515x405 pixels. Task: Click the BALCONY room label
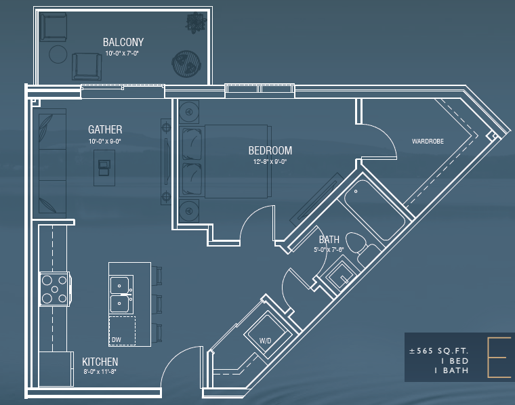pyautogui.click(x=123, y=42)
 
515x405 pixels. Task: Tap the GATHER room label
pyautogui.click(x=105, y=129)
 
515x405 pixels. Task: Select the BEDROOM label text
pyautogui.click(x=270, y=150)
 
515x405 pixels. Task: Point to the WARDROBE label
pyautogui.click(x=428, y=141)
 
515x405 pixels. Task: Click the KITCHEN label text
pyautogui.click(x=100, y=362)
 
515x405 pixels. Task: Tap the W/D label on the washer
pyautogui.click(x=266, y=341)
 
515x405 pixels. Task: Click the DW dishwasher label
pyautogui.click(x=117, y=340)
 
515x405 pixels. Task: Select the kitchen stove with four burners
pyautogui.click(x=55, y=289)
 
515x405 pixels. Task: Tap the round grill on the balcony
pyautogui.click(x=186, y=64)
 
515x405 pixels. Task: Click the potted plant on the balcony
pyautogui.click(x=197, y=22)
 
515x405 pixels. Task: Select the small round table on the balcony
pyautogui.click(x=58, y=54)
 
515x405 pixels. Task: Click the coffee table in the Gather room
pyautogui.click(x=104, y=168)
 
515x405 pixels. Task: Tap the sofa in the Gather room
pyautogui.click(x=53, y=163)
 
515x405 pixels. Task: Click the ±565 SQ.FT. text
pyautogui.click(x=438, y=351)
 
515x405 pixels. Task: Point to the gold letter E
pyautogui.click(x=499, y=356)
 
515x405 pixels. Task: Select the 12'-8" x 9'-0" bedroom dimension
pyautogui.click(x=270, y=161)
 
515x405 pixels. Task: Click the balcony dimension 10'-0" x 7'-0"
pyautogui.click(x=122, y=54)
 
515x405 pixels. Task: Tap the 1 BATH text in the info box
pyautogui.click(x=451, y=370)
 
